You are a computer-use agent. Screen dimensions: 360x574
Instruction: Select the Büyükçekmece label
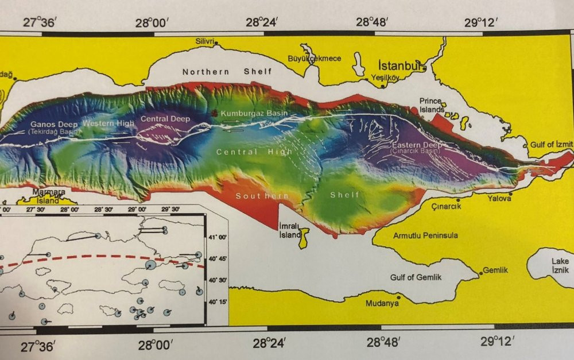coord(314,59)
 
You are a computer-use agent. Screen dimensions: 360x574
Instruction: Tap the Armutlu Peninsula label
coord(425,235)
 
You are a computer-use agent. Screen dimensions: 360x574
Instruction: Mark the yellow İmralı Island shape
coord(302,237)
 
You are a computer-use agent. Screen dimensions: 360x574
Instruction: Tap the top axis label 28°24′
coord(262,22)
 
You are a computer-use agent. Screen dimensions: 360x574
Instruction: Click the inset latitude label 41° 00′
coord(218,237)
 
